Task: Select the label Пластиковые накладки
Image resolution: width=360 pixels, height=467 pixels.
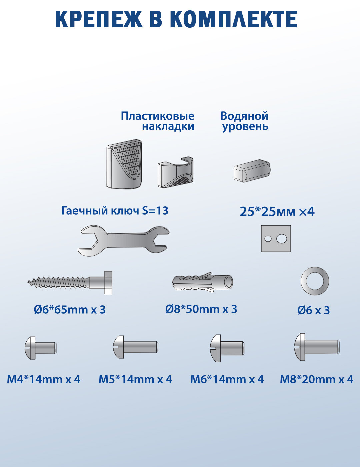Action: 158,121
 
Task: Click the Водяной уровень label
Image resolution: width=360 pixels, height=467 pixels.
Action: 245,121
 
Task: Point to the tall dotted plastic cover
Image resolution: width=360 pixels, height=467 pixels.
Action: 124,164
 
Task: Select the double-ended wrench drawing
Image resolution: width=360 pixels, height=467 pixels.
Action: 123,240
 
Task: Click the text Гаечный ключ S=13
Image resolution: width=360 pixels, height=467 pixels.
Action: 115,211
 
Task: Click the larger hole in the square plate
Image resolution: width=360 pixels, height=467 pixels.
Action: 282,239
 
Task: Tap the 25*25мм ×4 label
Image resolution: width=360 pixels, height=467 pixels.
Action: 277,212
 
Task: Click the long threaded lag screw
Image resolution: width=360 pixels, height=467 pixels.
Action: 70,283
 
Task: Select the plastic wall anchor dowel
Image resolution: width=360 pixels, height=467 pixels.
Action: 203,283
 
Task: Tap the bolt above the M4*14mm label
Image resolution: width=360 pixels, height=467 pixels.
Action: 41,348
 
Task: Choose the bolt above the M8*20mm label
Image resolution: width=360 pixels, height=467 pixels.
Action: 317,347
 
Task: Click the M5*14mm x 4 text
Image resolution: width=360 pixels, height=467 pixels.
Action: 135,379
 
